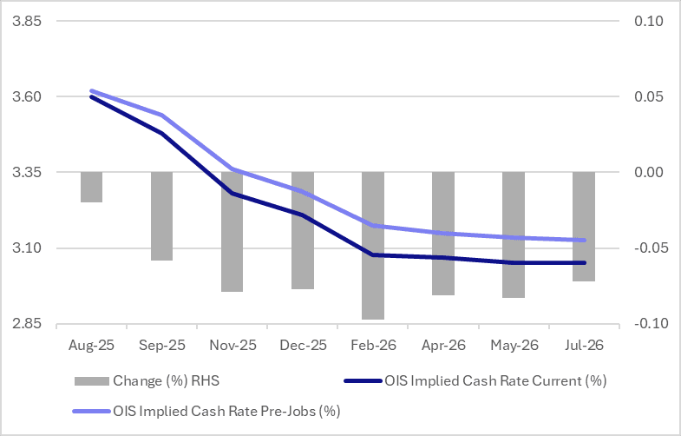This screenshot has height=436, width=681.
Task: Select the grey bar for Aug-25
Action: (91, 188)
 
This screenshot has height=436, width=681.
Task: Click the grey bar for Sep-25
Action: (162, 216)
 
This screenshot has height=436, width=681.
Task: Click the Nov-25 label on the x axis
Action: (232, 345)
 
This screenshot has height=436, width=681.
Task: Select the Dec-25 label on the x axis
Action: (303, 345)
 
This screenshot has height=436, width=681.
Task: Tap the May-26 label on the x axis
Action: (514, 345)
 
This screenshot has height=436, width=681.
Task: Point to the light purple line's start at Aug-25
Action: (92, 90)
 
